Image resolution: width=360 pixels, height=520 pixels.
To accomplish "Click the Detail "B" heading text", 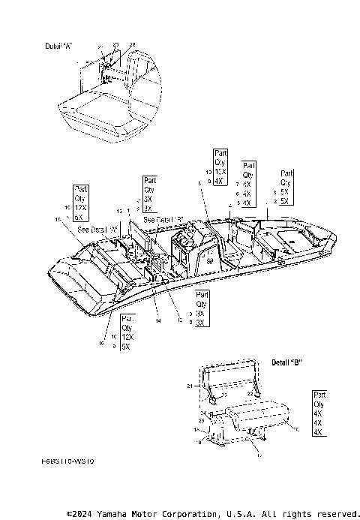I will (286, 362).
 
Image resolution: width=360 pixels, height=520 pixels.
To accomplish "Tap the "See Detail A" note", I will (97, 229).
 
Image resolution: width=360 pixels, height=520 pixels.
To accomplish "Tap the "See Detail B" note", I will (165, 219).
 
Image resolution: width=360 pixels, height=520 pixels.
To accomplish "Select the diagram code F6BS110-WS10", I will (68, 462).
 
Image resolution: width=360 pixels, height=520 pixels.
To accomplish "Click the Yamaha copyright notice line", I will (213, 514).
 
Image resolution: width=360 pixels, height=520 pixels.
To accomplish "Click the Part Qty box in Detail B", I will (318, 413).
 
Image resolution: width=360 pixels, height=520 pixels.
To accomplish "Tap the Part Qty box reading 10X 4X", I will (219, 167).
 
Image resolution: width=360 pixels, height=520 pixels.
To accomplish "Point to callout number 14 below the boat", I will (158, 320).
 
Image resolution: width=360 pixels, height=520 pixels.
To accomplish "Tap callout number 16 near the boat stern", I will (102, 344).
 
